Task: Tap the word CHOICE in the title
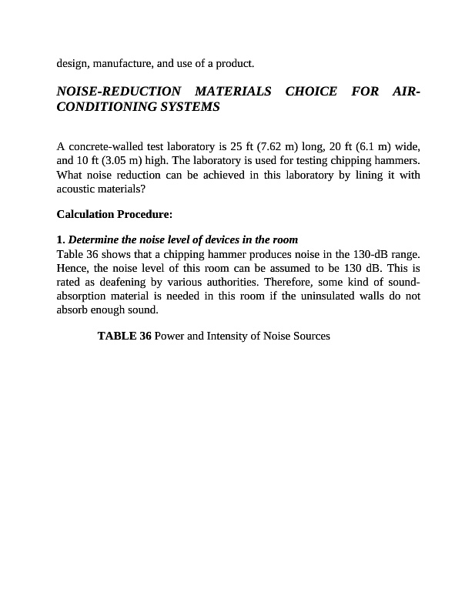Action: [311, 92]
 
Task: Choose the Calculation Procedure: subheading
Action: [115, 214]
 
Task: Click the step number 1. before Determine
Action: [61, 239]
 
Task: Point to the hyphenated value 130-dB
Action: [371, 253]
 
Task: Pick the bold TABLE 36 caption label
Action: [124, 336]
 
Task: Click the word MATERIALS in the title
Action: [232, 92]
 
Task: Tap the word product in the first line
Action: [234, 62]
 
